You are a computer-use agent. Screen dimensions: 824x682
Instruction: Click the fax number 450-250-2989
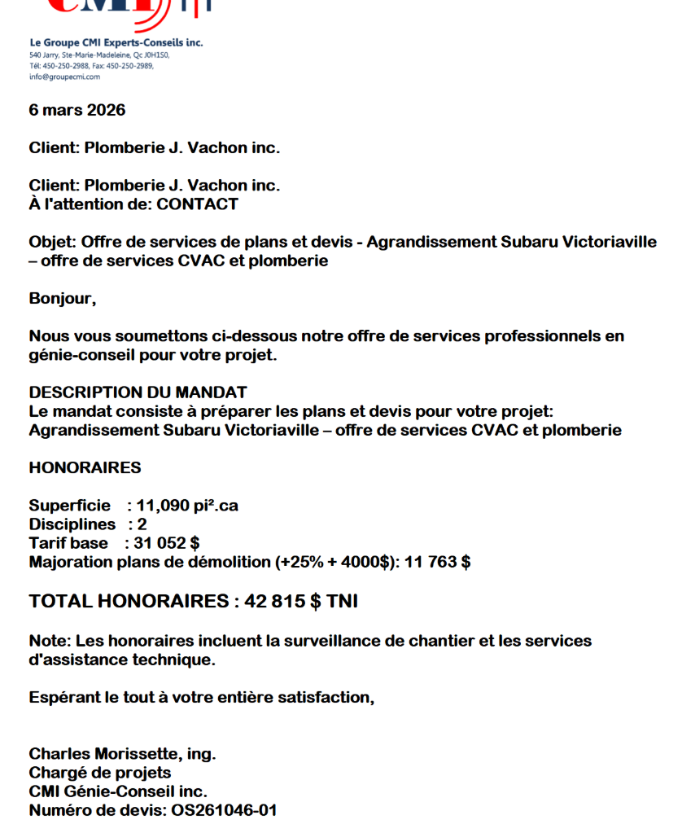click(133, 66)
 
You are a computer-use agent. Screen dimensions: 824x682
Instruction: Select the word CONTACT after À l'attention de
click(198, 204)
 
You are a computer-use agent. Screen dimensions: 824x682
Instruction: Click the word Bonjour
click(61, 299)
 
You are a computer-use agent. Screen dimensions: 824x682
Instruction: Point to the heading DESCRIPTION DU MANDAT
click(138, 392)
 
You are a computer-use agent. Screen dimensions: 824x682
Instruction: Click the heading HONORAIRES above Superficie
click(85, 468)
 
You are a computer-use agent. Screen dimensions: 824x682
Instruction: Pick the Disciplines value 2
click(142, 525)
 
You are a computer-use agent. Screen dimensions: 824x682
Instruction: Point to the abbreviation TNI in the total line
click(342, 602)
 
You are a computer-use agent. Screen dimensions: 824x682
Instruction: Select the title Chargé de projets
click(99, 773)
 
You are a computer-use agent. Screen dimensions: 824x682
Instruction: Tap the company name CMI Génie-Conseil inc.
click(118, 791)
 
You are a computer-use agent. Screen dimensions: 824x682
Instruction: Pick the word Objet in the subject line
click(51, 243)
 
